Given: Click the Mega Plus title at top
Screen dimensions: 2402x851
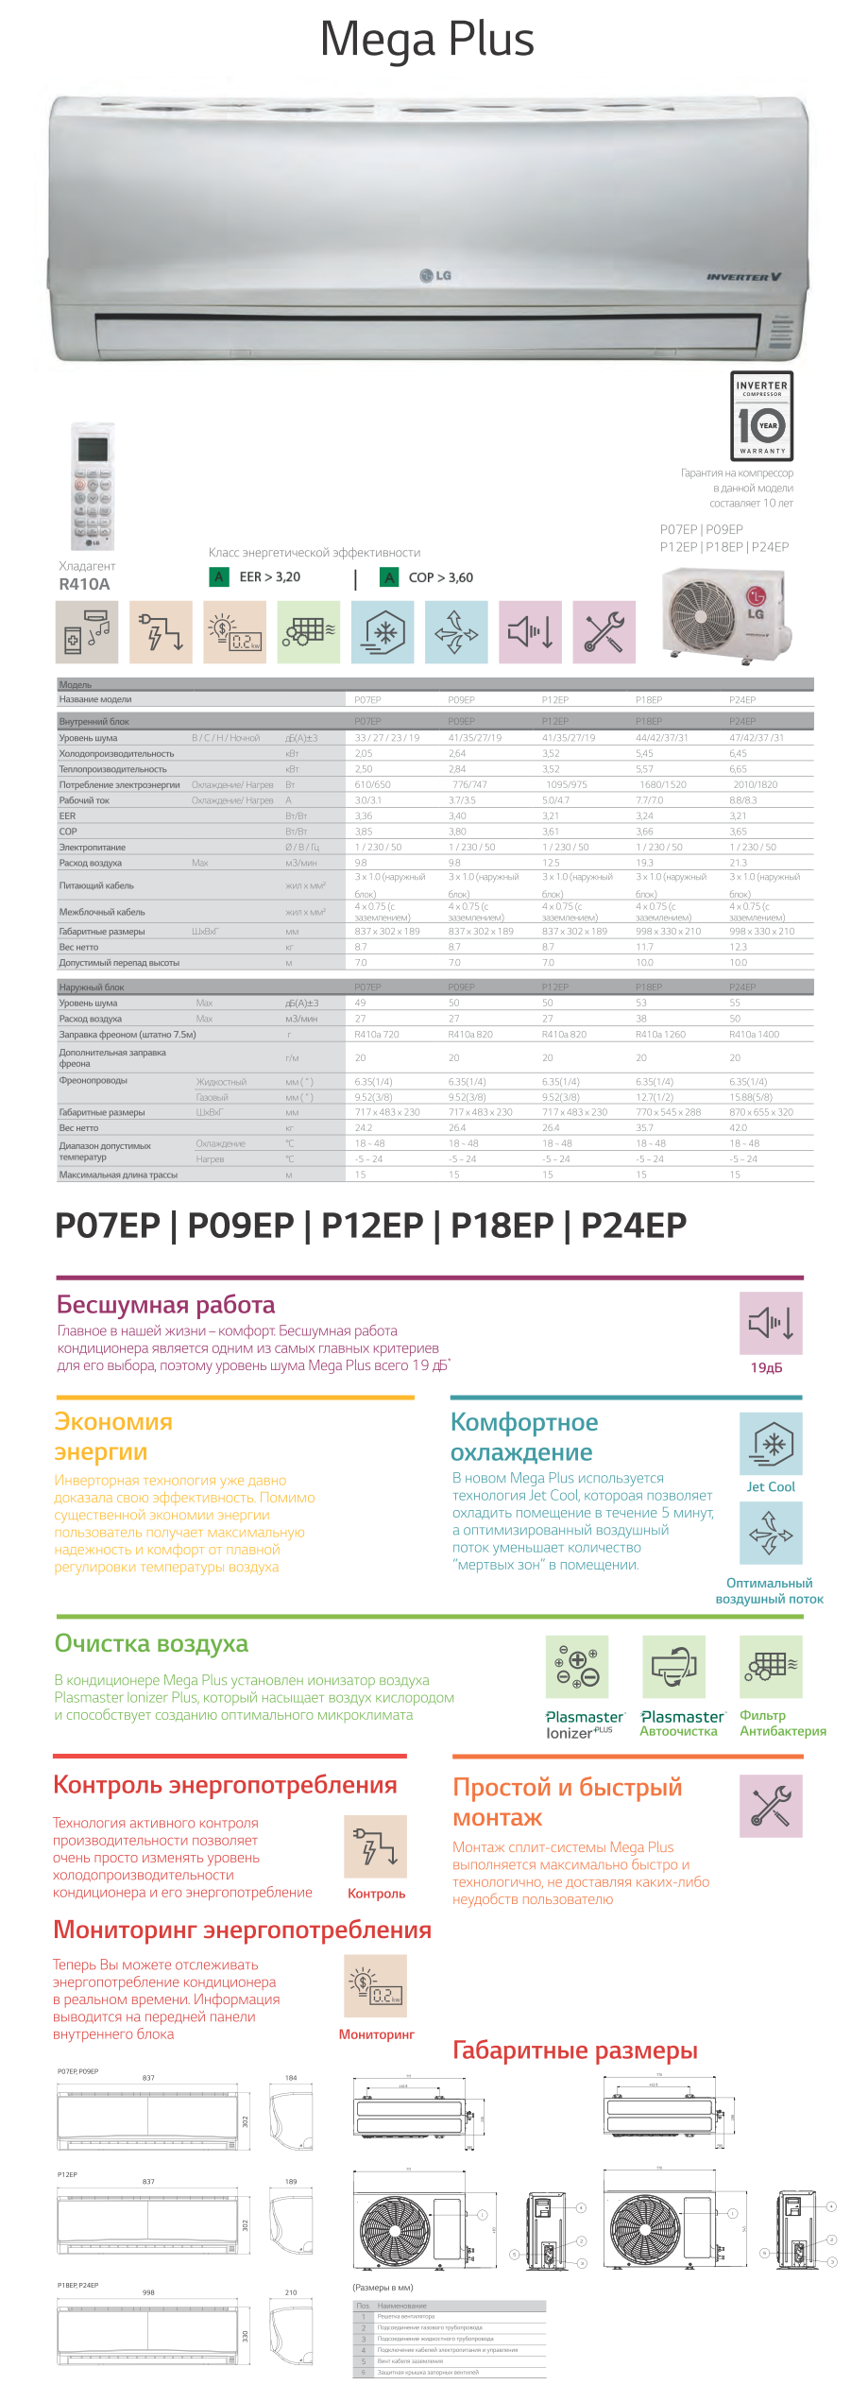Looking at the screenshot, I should click(427, 40).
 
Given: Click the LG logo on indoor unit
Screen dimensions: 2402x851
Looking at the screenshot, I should click(435, 276).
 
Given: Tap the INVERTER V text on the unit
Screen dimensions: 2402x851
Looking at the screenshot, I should click(743, 277).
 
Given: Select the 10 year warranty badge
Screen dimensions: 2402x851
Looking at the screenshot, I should click(761, 416).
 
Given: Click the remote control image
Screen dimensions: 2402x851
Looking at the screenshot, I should click(93, 486).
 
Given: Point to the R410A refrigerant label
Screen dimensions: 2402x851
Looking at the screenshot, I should click(84, 584).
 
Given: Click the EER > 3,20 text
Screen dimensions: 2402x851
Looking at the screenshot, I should click(269, 577).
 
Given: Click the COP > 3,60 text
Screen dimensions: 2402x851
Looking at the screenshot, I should click(440, 577).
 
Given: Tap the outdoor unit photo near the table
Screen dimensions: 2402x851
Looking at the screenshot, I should click(724, 614).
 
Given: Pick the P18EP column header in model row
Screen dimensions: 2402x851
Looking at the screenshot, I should click(649, 700).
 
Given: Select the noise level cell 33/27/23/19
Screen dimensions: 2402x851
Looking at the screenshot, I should click(387, 738).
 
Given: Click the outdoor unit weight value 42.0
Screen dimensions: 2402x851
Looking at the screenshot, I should click(738, 1127).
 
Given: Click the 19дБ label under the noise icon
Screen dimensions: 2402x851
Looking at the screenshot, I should click(766, 1367).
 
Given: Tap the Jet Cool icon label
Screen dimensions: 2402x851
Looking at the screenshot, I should click(771, 1486).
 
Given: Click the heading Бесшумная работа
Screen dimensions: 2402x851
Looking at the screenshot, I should click(165, 1305).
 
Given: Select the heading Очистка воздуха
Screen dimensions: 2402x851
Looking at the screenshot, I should click(151, 1643).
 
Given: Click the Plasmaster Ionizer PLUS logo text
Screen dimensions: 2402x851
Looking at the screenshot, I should click(584, 1724).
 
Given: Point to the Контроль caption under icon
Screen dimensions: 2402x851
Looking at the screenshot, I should click(376, 1894).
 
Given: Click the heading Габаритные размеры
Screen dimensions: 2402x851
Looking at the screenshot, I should click(574, 2050).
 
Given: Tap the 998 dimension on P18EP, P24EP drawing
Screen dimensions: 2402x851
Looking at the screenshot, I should click(148, 2292).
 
